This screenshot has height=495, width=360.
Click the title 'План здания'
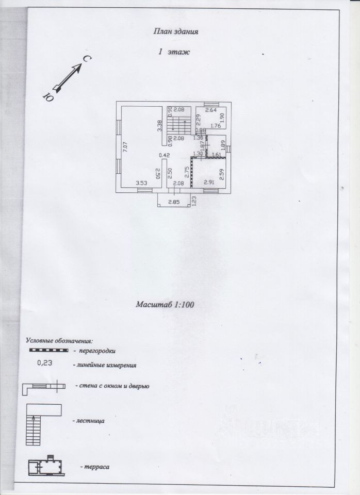176,31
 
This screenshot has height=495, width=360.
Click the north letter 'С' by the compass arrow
87,61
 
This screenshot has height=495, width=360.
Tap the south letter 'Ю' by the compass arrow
48,96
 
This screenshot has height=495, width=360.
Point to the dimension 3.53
142,183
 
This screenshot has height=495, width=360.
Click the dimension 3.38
159,125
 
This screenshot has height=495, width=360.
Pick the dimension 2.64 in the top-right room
210,110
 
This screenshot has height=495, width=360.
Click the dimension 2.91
209,183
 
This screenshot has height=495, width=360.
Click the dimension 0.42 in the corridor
165,155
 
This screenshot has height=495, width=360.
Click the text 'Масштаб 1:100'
165,305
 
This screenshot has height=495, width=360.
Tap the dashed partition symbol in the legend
47,350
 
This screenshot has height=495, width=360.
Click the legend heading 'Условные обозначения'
59,341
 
